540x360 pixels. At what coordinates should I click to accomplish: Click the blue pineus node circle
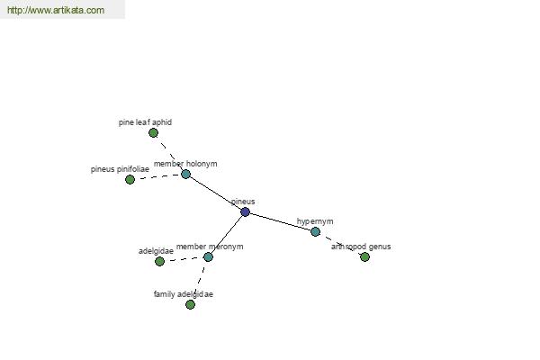click(245, 211)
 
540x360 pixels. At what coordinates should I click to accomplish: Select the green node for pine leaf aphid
click(153, 132)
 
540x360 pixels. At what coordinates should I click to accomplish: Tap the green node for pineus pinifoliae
click(130, 179)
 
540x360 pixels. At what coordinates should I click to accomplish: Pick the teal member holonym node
click(185, 174)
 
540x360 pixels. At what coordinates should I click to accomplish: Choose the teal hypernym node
click(315, 231)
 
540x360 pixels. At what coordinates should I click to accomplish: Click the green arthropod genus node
click(364, 256)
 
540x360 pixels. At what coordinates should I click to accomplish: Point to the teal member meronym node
click(208, 256)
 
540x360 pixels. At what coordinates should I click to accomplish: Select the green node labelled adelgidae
click(159, 262)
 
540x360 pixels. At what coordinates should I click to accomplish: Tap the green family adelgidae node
click(190, 304)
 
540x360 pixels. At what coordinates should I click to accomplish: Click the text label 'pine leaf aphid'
click(145, 122)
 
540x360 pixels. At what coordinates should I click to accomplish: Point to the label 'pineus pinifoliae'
click(120, 169)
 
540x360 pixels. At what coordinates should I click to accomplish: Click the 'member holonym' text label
click(185, 164)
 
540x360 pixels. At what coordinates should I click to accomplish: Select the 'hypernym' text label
click(315, 221)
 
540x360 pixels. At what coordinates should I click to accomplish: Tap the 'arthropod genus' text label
click(361, 247)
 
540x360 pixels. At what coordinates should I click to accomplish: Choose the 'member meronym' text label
click(210, 247)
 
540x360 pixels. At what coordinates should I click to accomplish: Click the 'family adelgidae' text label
click(184, 294)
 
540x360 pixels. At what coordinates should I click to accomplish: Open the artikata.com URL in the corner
click(56, 10)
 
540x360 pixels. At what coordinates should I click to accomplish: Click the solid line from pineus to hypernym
click(280, 221)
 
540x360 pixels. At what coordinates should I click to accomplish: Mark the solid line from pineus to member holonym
click(215, 193)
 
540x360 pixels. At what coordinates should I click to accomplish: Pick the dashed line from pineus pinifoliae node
click(157, 176)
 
